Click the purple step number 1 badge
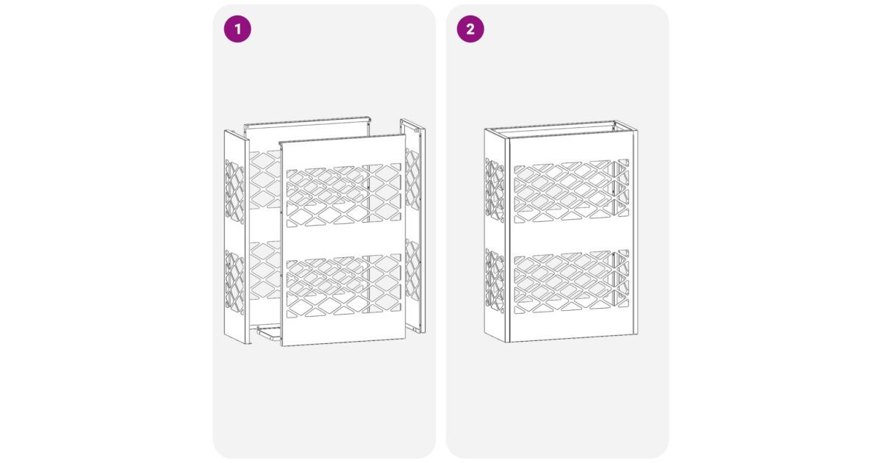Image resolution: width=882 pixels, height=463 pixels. (237, 29)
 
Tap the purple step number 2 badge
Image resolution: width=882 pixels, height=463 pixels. (470, 29)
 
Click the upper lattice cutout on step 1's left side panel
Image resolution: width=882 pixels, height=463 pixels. (234, 192)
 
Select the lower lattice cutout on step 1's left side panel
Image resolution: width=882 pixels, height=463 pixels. (234, 282)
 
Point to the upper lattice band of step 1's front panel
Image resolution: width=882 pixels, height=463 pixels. (344, 195)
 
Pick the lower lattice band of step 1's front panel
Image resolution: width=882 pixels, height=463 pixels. (344, 285)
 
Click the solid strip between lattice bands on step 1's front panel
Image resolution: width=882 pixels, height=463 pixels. (344, 240)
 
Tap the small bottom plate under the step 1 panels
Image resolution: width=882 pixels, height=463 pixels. (269, 332)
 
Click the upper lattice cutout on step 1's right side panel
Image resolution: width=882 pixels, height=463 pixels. (412, 179)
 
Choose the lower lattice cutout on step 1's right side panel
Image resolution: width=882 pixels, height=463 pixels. (412, 270)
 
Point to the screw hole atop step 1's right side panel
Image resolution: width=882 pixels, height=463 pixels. (417, 130)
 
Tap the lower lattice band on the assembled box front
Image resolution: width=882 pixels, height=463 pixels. (571, 281)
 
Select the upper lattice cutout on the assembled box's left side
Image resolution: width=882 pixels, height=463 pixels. (495, 190)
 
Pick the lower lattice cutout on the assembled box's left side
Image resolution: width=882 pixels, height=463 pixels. (495, 281)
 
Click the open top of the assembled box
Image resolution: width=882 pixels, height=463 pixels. (561, 129)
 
